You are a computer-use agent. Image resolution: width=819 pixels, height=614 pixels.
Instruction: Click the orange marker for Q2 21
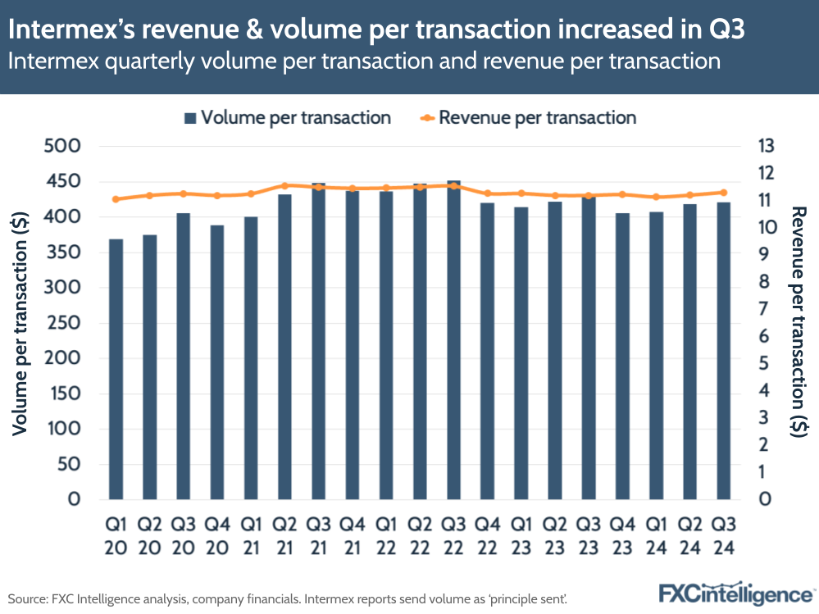tap(284, 185)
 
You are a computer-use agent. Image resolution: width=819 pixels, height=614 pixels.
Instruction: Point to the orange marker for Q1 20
tap(116, 199)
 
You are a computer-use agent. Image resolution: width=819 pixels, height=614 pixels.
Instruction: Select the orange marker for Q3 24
tap(723, 193)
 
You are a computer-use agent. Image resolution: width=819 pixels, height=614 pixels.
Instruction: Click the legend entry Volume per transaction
tap(287, 117)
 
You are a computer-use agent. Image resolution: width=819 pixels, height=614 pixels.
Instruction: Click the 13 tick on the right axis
tap(766, 147)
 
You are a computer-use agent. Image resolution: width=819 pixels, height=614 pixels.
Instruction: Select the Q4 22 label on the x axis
tap(487, 534)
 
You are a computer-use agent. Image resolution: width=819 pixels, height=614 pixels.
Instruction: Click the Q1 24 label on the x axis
tap(656, 534)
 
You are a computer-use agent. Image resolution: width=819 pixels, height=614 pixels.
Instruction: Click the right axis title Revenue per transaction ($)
tap(799, 322)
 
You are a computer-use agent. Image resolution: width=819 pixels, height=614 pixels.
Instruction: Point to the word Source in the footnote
tap(28, 599)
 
